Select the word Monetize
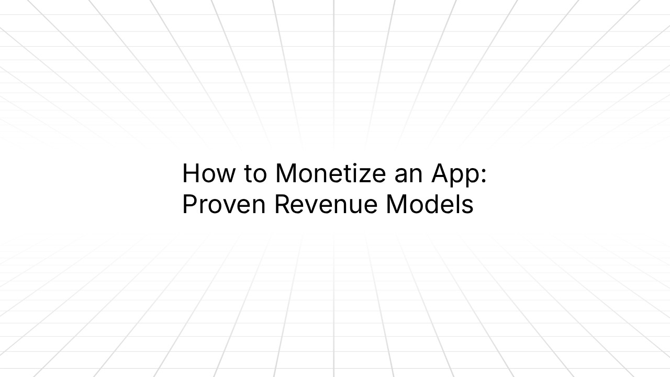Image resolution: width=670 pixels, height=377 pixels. [330, 173]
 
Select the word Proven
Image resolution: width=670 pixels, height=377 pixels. [224, 204]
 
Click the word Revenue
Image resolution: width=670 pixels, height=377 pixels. [326, 204]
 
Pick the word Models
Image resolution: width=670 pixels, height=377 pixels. [430, 204]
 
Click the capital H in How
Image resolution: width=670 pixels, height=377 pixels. [191, 173]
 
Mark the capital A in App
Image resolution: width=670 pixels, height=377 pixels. [440, 173]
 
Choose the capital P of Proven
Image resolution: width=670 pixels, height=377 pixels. [189, 204]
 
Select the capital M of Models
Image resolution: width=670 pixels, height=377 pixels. [397, 204]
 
